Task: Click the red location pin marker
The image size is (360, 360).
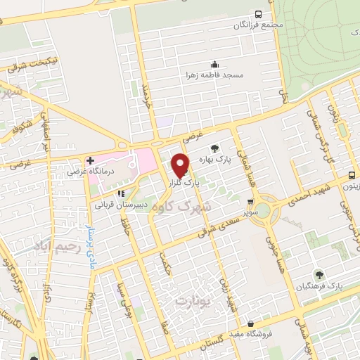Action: (181, 165)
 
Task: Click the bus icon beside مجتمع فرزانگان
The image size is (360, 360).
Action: (259, 14)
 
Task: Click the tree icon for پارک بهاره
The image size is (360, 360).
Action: (214, 148)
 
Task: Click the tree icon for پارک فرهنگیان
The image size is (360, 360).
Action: (317, 274)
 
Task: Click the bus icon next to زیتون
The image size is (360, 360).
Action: (351, 176)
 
